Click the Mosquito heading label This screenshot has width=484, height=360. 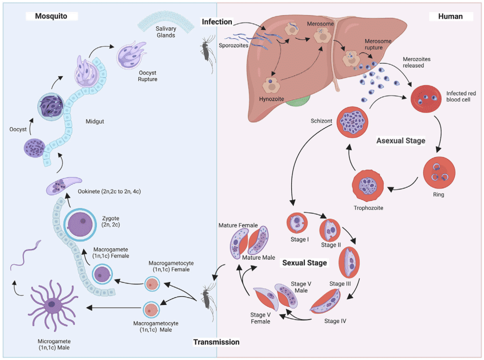point(51,16)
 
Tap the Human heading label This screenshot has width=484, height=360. point(450,16)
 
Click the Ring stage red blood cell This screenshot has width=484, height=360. point(439,171)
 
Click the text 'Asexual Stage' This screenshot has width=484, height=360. point(401,141)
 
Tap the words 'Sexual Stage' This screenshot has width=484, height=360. point(304,262)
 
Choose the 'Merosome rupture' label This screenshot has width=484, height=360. point(381,44)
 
